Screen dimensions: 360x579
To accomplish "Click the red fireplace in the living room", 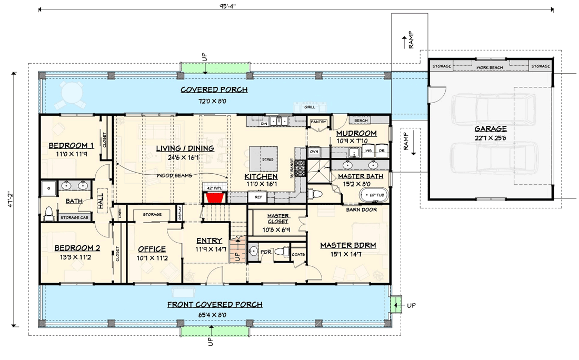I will pyautogui.click(x=213, y=198).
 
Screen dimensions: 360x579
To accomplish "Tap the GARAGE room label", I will pyautogui.click(x=490, y=128).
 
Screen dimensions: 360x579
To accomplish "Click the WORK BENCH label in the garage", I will pyautogui.click(x=490, y=67).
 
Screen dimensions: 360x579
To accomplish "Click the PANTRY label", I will pyautogui.click(x=318, y=122).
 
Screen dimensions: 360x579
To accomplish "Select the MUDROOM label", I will pyautogui.click(x=356, y=133).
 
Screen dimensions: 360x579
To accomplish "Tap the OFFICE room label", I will pyautogui.click(x=152, y=248).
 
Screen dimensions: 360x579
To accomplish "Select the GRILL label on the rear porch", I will pyautogui.click(x=310, y=107).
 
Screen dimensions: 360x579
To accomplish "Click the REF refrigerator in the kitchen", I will pyautogui.click(x=258, y=197).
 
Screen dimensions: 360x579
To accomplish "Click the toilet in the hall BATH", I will pyautogui.click(x=49, y=212).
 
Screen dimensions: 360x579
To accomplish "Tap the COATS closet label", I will pyautogui.click(x=298, y=254).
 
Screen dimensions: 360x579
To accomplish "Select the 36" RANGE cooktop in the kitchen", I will pyautogui.click(x=300, y=168).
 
